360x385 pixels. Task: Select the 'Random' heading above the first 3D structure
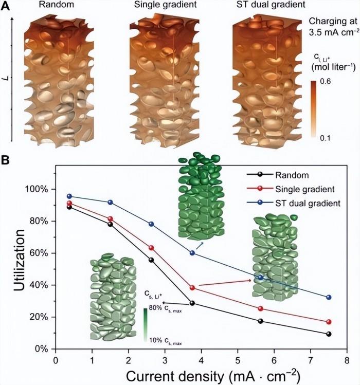[57, 6]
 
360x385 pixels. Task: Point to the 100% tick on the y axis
[36, 189]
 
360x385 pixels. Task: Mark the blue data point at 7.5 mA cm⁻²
[329, 297]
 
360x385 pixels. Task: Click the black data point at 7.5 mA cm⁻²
[329, 334]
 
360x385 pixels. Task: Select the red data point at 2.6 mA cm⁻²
[151, 248]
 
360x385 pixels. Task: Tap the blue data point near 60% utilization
[192, 253]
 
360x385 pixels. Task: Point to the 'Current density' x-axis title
[204, 374]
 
